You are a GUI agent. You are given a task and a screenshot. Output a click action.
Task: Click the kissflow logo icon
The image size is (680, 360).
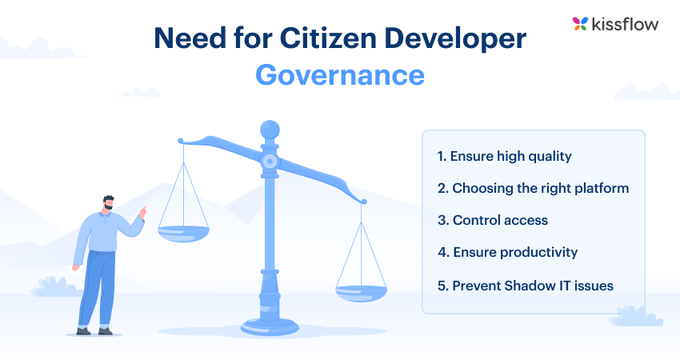coord(581,24)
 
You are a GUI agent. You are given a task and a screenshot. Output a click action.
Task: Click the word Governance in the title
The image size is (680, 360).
coord(340,74)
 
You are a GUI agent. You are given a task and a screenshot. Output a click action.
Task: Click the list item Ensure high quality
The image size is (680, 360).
coord(504,157)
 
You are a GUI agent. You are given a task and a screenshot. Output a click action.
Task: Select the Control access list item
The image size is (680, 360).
coord(492,220)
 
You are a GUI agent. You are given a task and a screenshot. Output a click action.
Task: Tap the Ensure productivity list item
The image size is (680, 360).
coord(507,252)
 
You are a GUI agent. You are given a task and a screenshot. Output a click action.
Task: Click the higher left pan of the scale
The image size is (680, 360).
coord(183,232)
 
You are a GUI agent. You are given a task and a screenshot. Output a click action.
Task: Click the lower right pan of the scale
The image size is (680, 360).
coord(361,293)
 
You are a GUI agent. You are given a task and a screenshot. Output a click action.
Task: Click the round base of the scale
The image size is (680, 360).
coord(270,327)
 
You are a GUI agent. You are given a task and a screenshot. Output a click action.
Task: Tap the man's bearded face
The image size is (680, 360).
coord(109,205)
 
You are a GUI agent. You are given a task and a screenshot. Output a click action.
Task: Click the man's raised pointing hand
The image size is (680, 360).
coord(143,212)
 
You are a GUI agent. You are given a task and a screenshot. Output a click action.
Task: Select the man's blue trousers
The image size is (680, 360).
coord(97,288)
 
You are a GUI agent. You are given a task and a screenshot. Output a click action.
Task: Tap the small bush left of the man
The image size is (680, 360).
coord(53,286)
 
